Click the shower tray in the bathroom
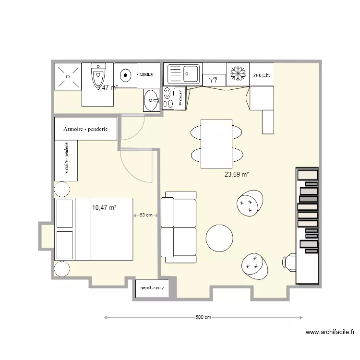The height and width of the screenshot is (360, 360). (67, 76)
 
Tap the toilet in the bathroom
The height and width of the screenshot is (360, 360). (98, 76)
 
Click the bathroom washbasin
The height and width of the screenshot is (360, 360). (152, 100)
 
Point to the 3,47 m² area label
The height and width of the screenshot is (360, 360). (107, 87)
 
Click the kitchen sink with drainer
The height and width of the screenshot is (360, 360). (183, 74)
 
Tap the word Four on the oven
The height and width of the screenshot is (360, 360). (180, 97)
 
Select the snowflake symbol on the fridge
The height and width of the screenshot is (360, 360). (238, 74)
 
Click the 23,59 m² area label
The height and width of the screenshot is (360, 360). (237, 175)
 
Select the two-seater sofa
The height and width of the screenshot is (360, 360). (179, 227)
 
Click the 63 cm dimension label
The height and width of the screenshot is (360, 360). (146, 215)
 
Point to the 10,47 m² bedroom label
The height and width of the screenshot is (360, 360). (105, 207)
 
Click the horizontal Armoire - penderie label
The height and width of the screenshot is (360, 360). (85, 129)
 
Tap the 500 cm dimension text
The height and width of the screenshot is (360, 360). (203, 317)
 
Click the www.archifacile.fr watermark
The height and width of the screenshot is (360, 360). (330, 332)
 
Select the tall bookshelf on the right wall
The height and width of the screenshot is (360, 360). (307, 226)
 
